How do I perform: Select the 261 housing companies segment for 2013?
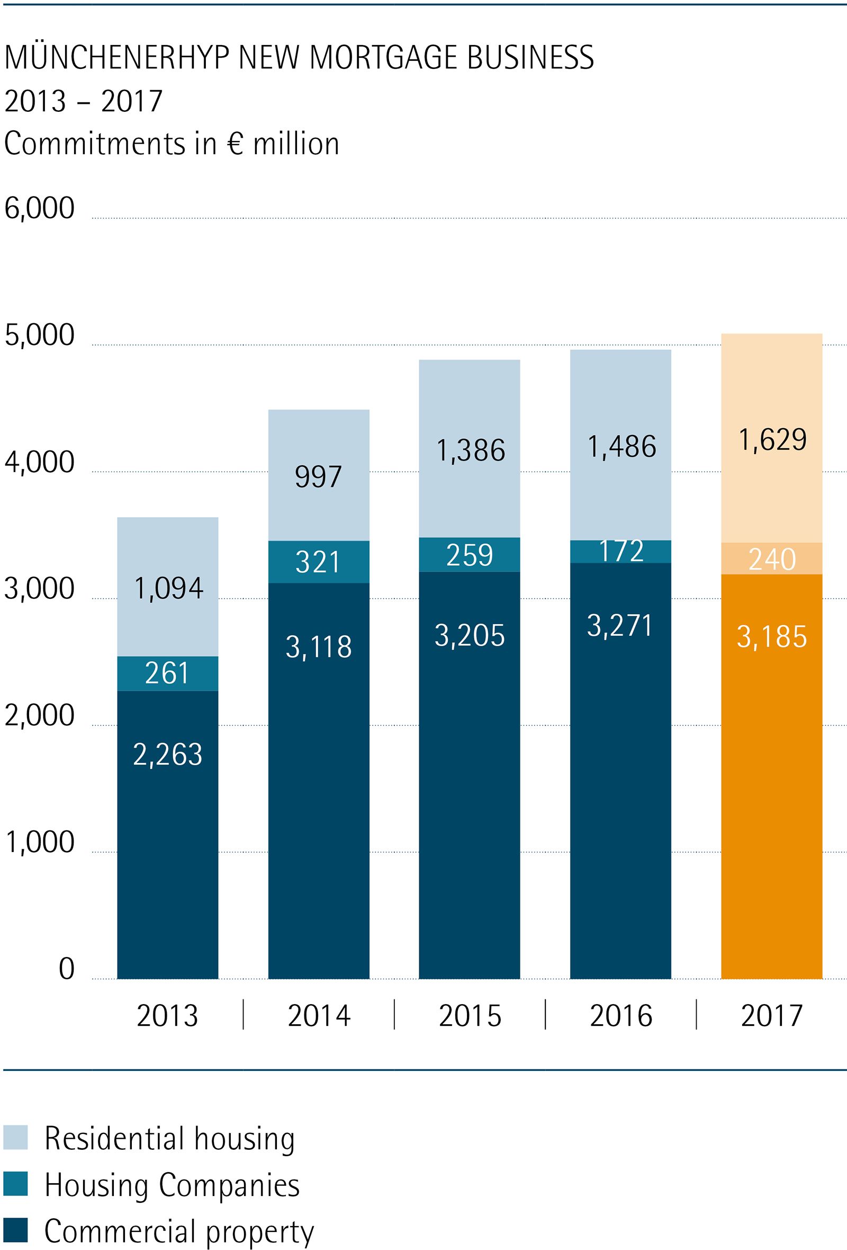[x=168, y=673]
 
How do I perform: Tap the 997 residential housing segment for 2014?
[x=319, y=475]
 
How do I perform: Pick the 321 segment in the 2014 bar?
[x=319, y=562]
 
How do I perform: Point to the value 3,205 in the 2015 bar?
[x=470, y=636]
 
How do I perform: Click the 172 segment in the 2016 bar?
[x=621, y=551]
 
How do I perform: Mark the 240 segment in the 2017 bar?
[x=772, y=559]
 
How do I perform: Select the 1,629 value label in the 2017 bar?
[x=772, y=439]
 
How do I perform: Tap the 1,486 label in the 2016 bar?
[x=621, y=446]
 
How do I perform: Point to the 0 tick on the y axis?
[x=66, y=969]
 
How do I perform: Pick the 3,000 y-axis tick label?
[x=39, y=588]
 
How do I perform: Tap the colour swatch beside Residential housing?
[x=15, y=1139]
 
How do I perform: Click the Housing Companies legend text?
[x=172, y=1185]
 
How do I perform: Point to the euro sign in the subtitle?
[x=235, y=144]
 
